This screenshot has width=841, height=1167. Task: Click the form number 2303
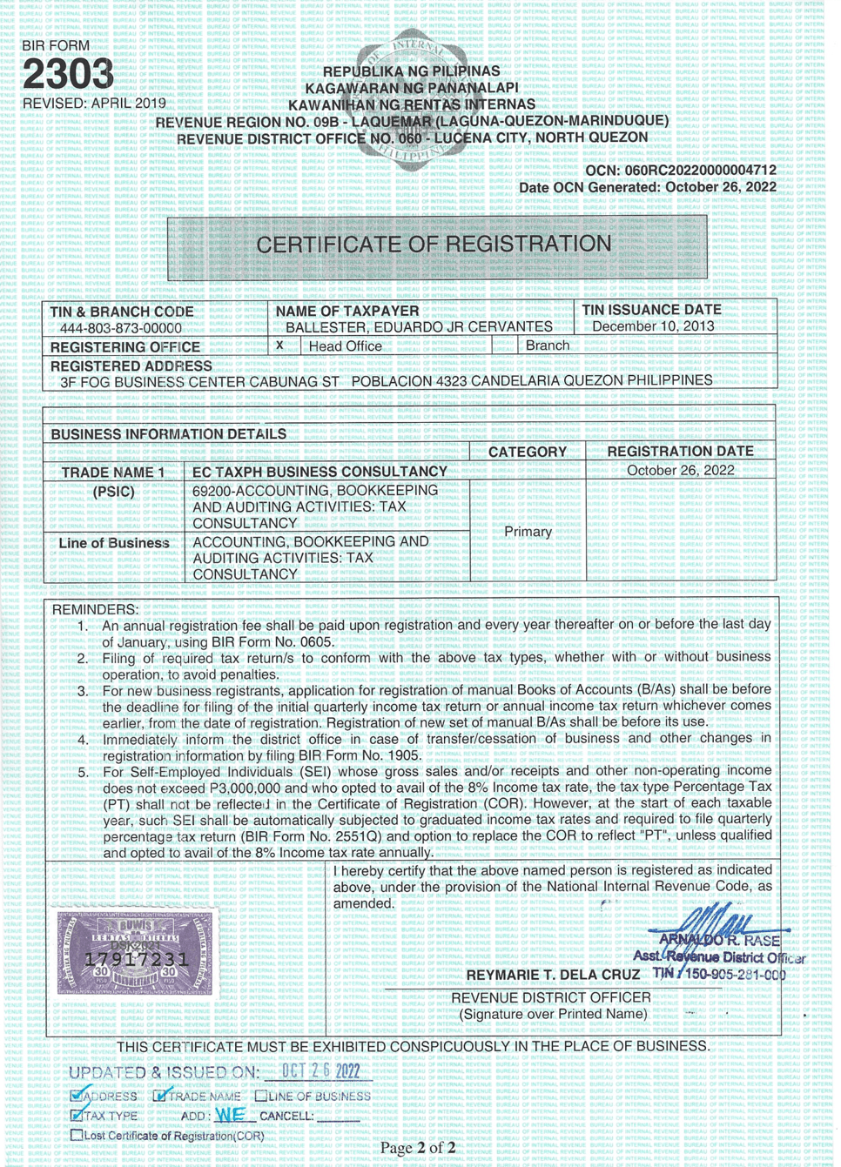coord(68,75)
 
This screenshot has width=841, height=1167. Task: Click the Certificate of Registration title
coord(434,245)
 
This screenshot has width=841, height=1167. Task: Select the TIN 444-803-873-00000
coord(120,328)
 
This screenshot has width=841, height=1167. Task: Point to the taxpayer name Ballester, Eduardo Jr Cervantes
coord(419,327)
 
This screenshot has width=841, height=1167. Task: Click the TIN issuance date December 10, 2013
coord(653,326)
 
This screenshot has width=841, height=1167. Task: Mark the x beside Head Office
coord(279,345)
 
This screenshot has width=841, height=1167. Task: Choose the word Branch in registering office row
coord(547,345)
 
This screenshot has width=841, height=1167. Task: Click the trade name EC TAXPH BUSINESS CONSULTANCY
coord(320,472)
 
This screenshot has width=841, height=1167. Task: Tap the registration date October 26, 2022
coord(680,471)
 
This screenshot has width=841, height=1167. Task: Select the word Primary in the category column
coord(528,532)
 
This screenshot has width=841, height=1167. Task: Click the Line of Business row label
coord(114,543)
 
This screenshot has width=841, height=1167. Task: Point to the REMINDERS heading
coord(95,609)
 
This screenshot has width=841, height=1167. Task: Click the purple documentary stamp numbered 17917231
coord(135,954)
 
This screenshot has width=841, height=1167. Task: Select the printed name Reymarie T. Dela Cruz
coord(553,975)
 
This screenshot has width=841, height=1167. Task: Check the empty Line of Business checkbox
coord(261,1097)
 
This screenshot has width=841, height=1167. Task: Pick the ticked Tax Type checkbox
coord(77,1116)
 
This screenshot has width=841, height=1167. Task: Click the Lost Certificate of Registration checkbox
coord(77,1135)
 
